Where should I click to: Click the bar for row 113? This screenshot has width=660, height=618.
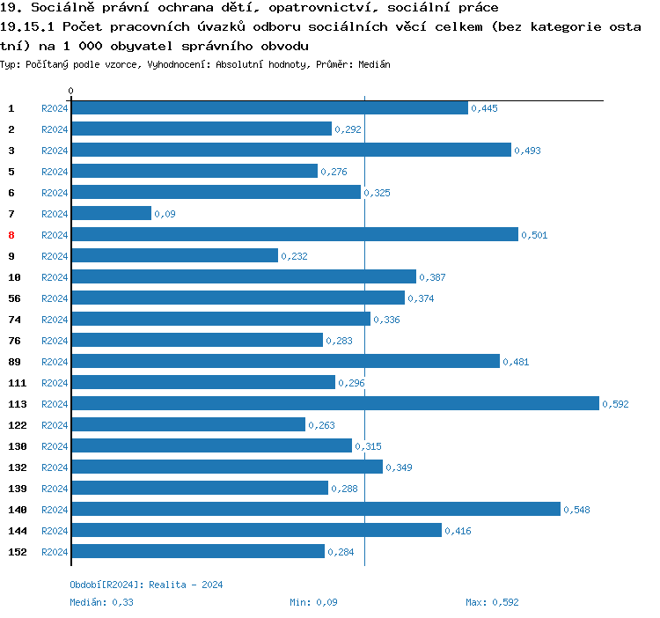[x=334, y=403]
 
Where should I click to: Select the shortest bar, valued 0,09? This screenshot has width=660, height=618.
[x=111, y=213]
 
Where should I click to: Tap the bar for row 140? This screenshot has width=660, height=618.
[x=315, y=509]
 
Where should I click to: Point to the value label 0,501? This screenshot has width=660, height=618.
[x=534, y=235]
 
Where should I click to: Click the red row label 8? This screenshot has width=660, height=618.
[x=11, y=235]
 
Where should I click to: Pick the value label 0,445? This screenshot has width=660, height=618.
[x=485, y=108]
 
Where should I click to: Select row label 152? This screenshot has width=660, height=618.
[x=18, y=552]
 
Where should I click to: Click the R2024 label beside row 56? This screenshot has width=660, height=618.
[x=55, y=298]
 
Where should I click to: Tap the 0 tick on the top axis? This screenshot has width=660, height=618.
[x=70, y=91]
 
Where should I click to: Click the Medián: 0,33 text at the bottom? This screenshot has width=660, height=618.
[x=101, y=602]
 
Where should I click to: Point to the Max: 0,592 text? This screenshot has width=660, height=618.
[x=493, y=602]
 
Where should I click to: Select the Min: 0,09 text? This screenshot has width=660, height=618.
[x=313, y=602]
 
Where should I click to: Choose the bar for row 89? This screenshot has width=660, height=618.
[x=285, y=361]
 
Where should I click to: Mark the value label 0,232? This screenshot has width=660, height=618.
[x=294, y=256]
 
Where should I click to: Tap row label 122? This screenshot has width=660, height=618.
[x=18, y=425]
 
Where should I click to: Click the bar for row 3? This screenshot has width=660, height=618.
[x=290, y=150]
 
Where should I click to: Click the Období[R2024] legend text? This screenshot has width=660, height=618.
[x=106, y=585]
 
